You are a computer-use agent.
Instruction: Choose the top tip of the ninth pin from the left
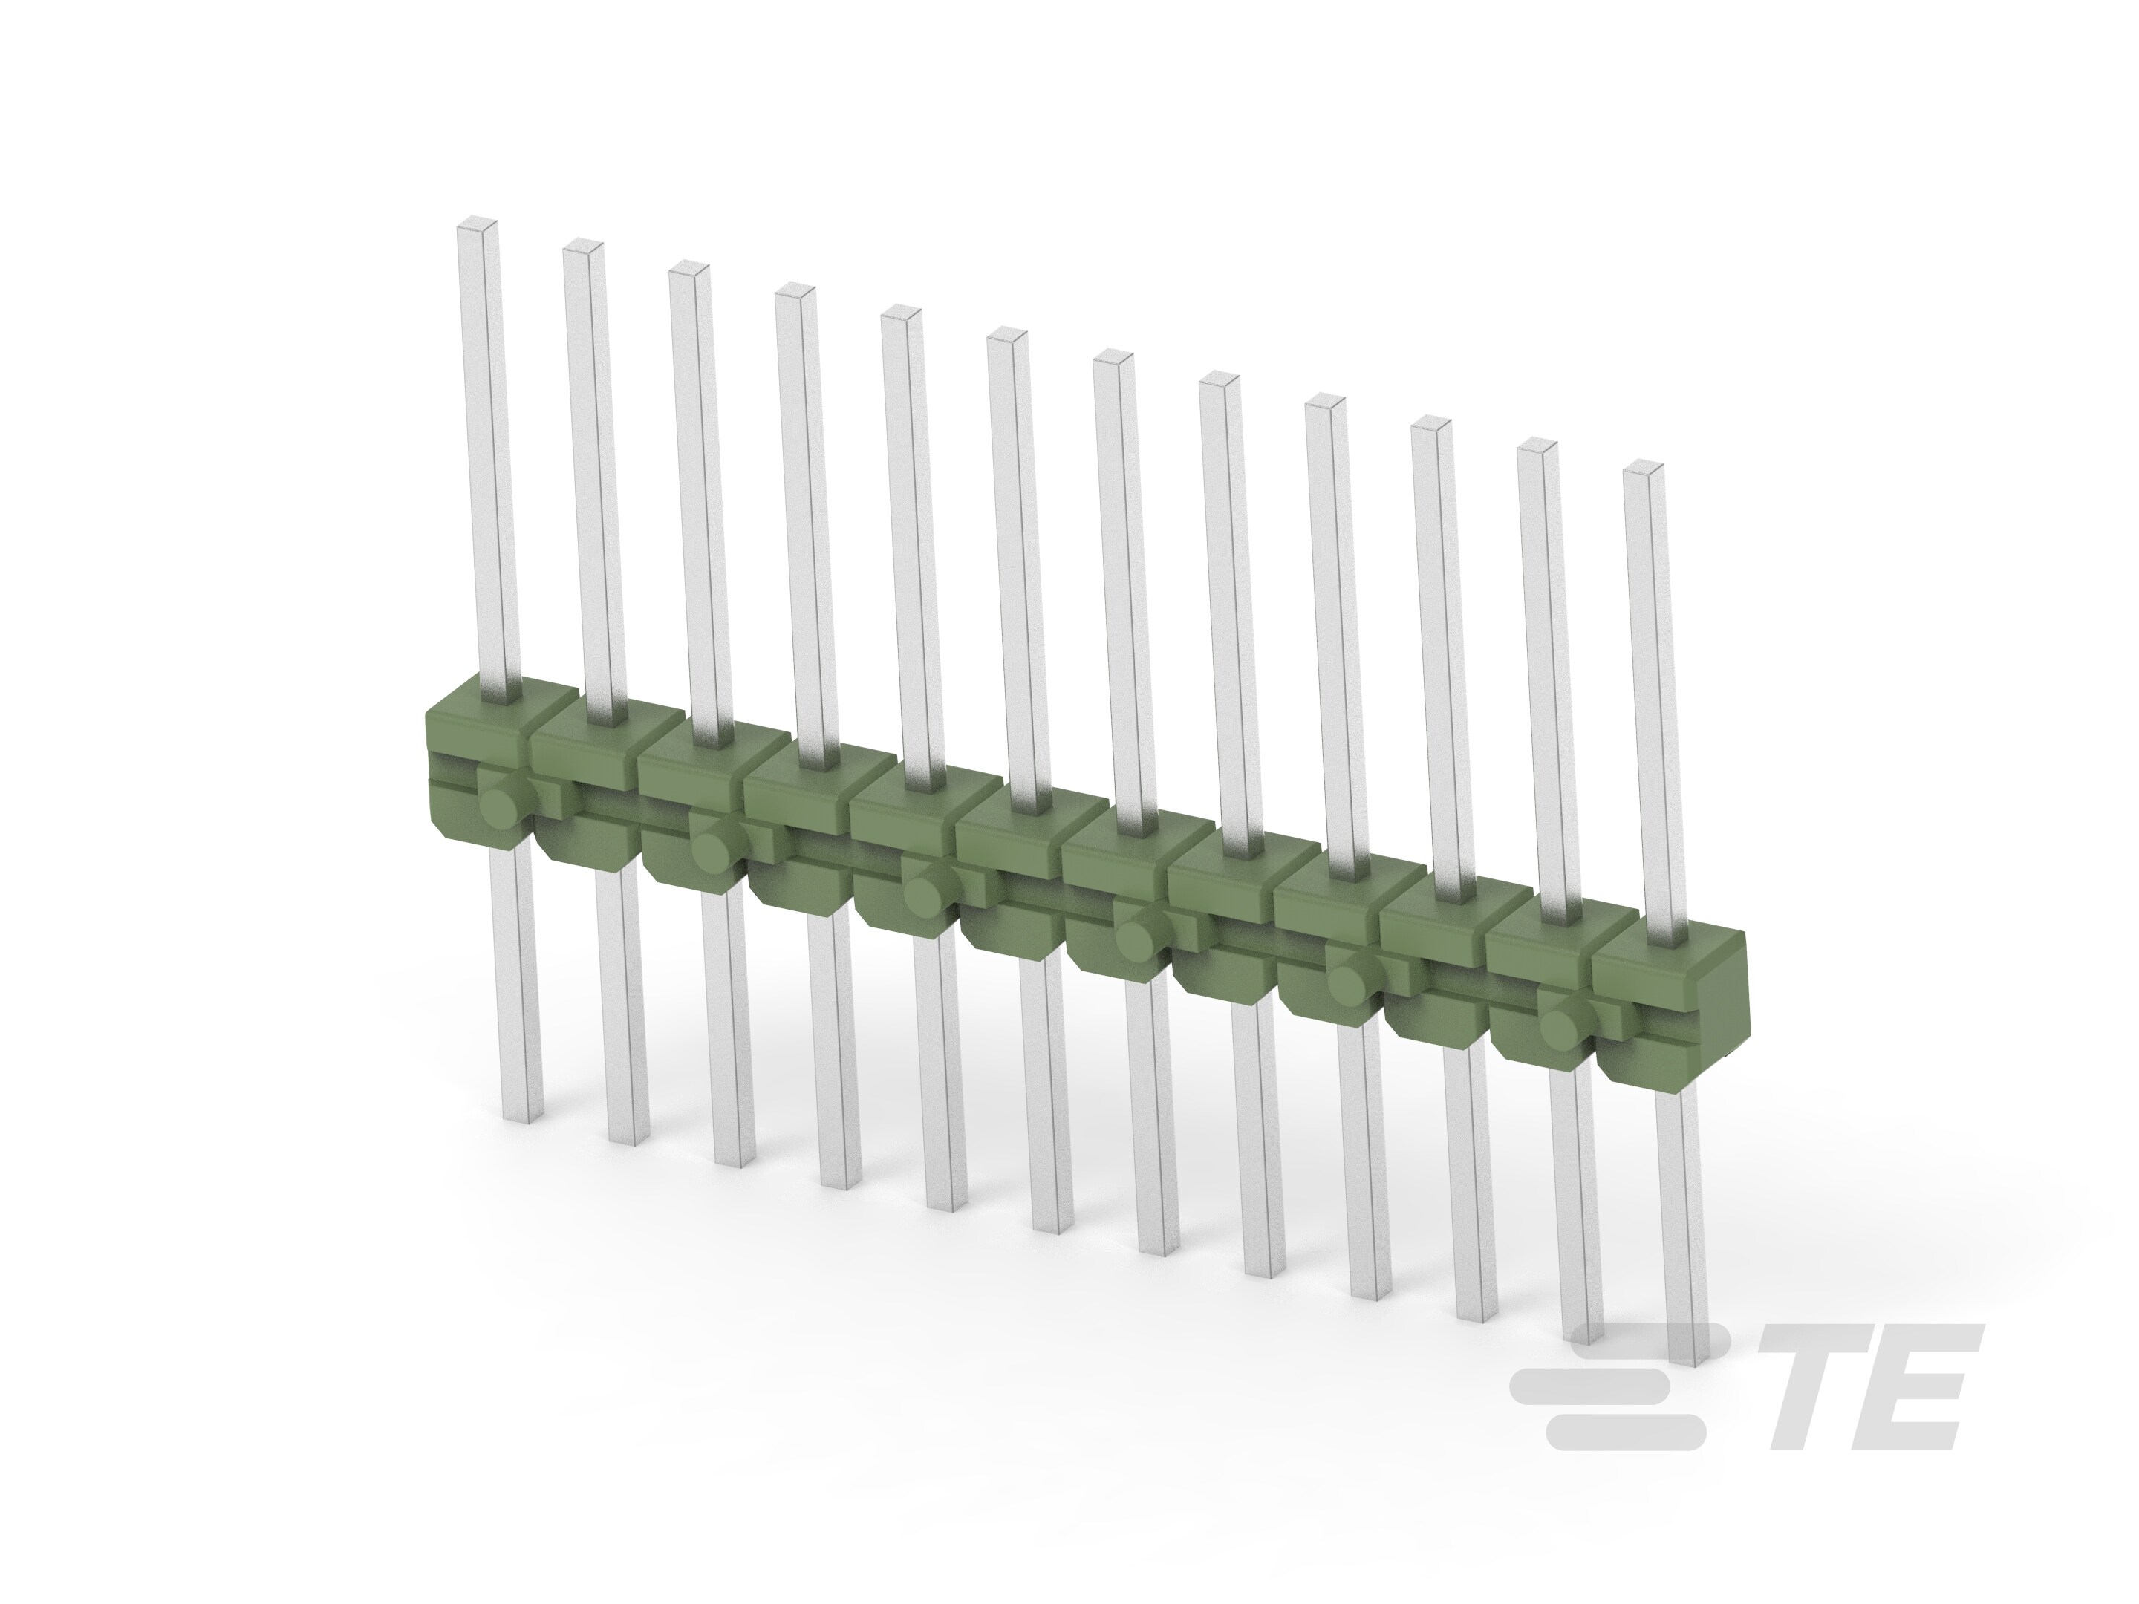(1326, 403)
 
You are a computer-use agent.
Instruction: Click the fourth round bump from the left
(1134, 939)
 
